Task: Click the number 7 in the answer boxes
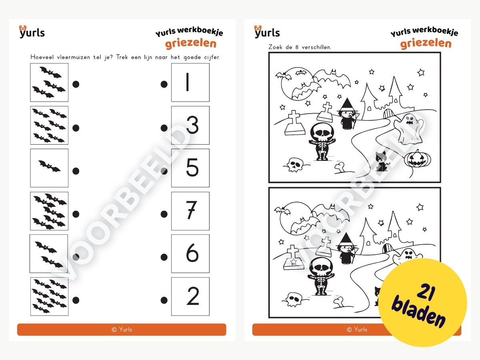pos(192,210)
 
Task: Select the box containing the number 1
pos(190,82)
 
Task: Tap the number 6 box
pos(190,254)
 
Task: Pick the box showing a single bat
pos(49,168)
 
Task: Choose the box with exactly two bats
pos(49,254)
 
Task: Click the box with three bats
pos(49,82)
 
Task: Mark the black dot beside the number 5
pos(164,171)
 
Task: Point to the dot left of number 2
pos(164,300)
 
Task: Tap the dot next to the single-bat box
pos(76,171)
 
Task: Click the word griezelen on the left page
pos(191,44)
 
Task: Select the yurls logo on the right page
pos(267,32)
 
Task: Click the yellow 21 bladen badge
pos(422,303)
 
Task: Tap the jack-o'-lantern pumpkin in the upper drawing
pos(418,159)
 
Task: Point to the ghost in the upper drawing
pos(408,128)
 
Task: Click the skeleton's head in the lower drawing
pos(321,266)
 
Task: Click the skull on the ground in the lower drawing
pos(294,300)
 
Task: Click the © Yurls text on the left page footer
pos(122,329)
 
